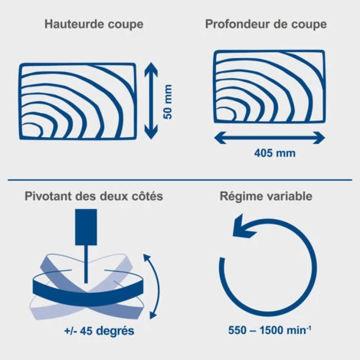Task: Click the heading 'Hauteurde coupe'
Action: point(94,25)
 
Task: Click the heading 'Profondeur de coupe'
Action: point(266,25)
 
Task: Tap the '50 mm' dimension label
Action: point(168,102)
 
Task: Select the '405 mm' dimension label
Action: point(275,153)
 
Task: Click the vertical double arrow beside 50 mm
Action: point(151,101)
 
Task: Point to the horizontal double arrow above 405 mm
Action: point(270,138)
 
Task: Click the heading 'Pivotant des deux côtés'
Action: point(93,196)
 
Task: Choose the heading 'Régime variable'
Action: point(266,196)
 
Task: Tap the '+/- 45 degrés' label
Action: point(99,331)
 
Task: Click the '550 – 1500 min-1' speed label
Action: point(270,330)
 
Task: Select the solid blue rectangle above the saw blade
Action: point(86,227)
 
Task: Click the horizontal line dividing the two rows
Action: point(180,180)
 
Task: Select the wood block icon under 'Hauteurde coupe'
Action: point(77,101)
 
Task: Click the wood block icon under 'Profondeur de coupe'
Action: point(270,87)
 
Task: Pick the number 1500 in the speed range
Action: point(271,330)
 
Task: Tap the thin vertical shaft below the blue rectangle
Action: point(86,264)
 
